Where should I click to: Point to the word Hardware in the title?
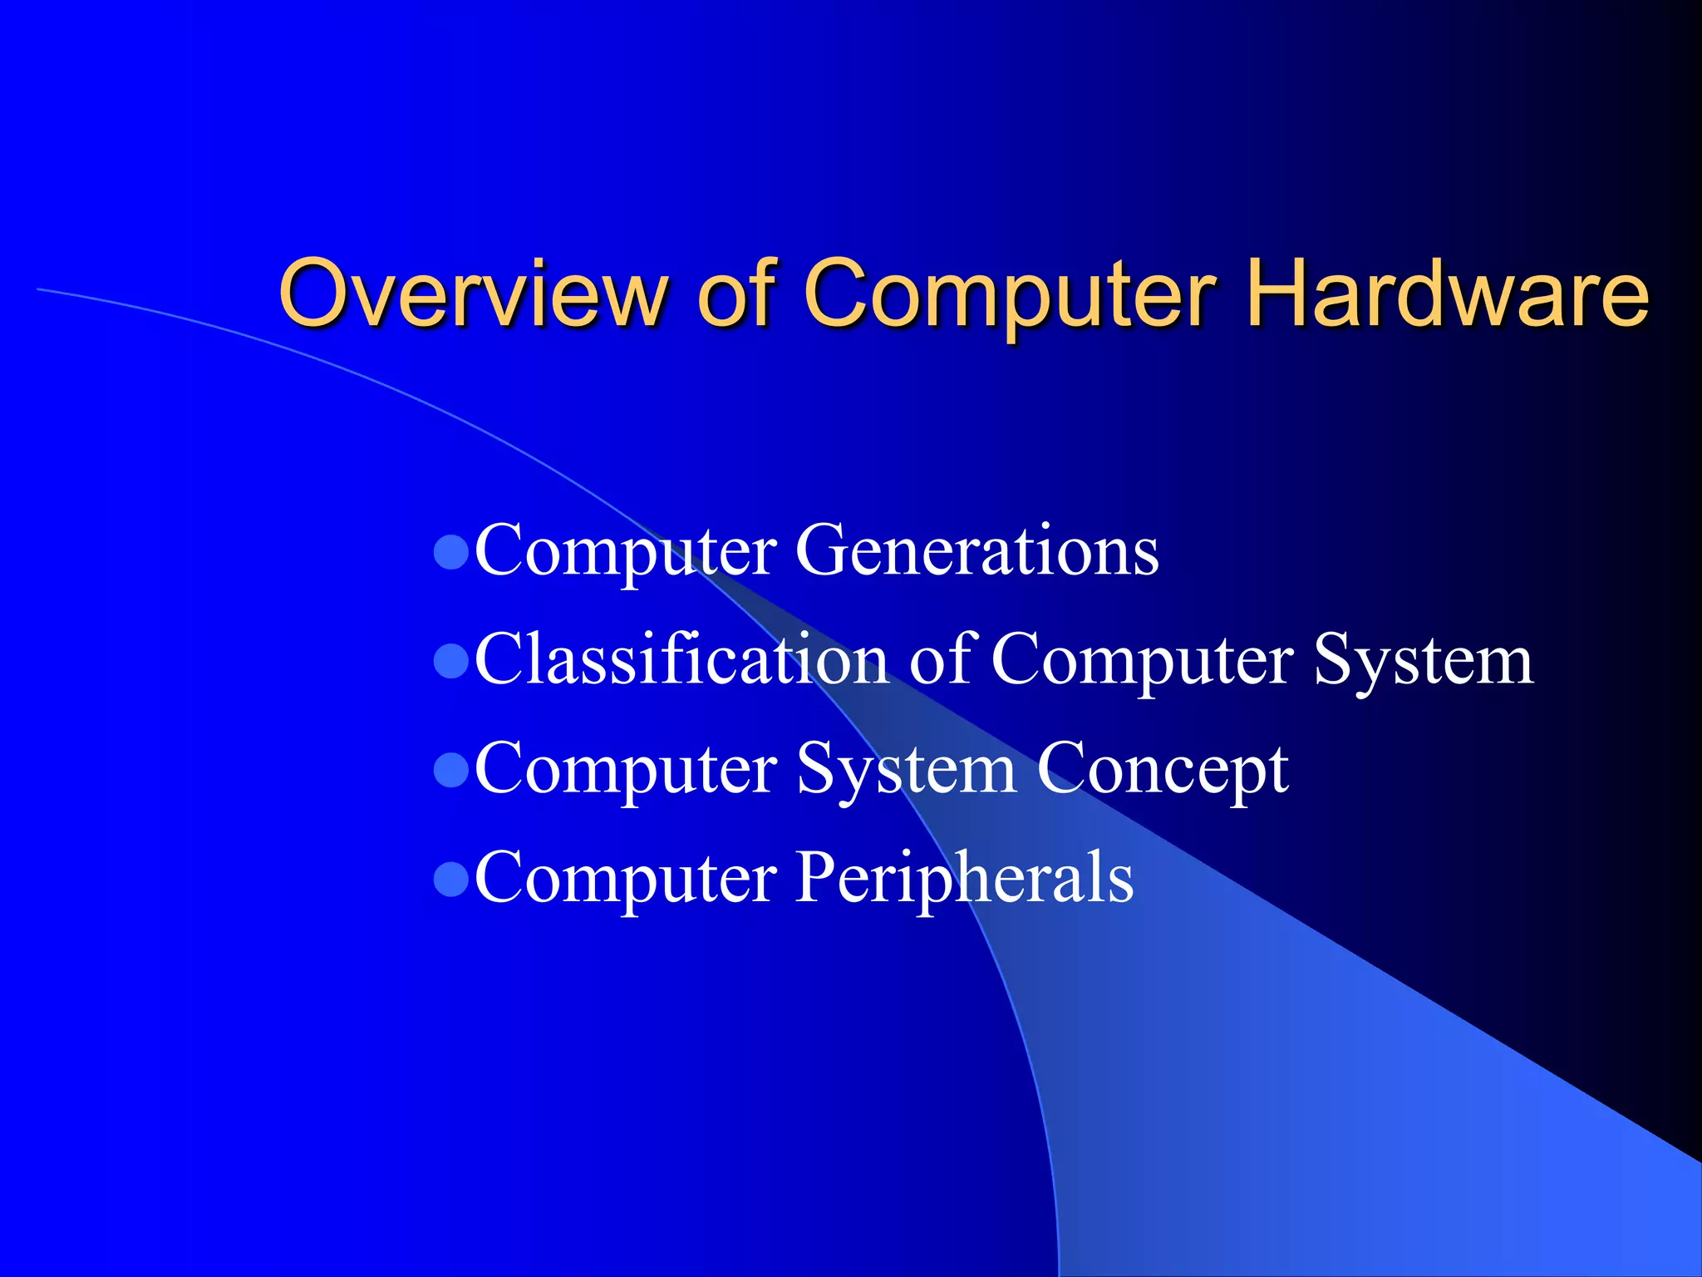[1447, 293]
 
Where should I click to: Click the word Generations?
[976, 550]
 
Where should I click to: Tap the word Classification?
[681, 658]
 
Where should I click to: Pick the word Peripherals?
[964, 876]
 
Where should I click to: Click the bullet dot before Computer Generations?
[451, 552]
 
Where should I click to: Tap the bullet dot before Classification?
[451, 662]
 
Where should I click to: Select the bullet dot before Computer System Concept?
[451, 770]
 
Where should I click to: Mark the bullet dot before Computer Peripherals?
[451, 880]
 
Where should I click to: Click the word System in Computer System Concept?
[906, 770]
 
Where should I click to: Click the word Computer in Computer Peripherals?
[625, 878]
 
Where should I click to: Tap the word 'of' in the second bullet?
[940, 658]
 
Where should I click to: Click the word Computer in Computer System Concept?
[625, 770]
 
